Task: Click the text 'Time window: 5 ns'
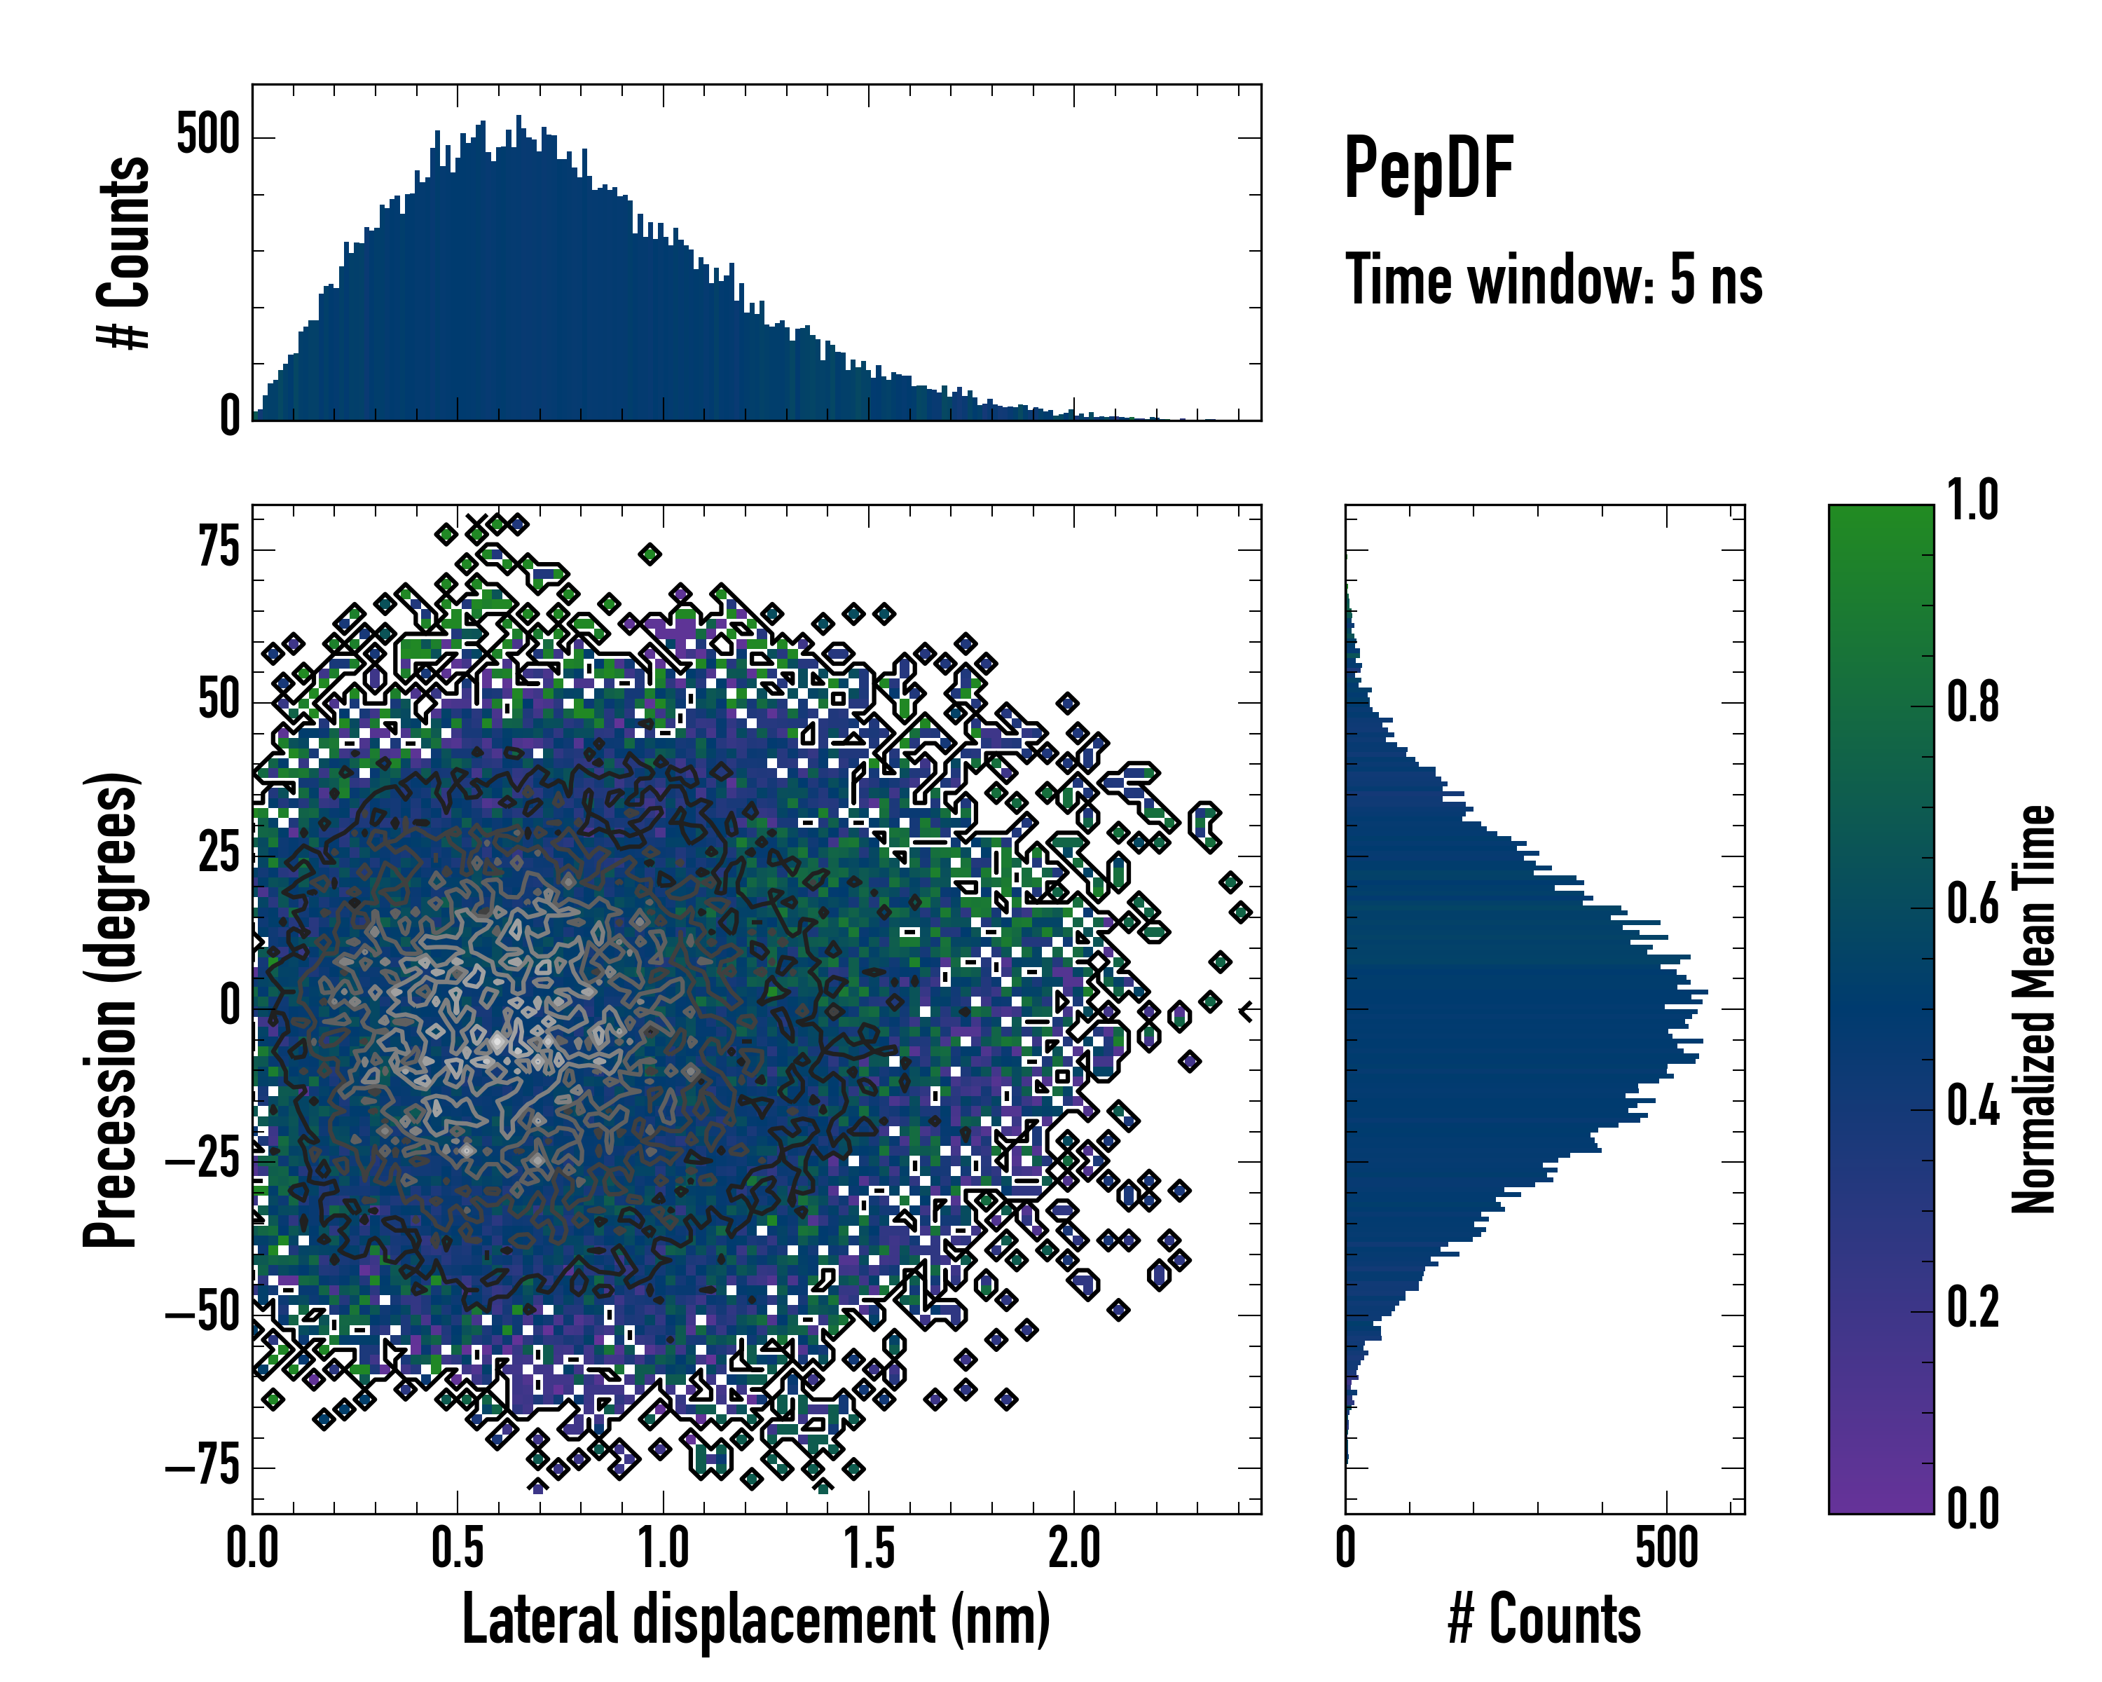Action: click(1553, 280)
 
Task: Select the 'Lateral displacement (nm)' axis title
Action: click(755, 1619)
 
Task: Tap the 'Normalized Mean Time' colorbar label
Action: click(2034, 1009)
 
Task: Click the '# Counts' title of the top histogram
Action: click(124, 252)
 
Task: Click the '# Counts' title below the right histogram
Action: click(1544, 1619)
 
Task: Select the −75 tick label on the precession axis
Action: click(202, 1467)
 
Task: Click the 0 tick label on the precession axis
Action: click(230, 1006)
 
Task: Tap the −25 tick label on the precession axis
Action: click(202, 1161)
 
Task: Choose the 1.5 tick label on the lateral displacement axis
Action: click(869, 1548)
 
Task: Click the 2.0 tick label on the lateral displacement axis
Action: click(1074, 1548)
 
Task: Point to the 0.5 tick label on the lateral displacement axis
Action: click(458, 1548)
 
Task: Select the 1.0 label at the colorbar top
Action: click(1972, 500)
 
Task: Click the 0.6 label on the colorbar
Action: click(1972, 904)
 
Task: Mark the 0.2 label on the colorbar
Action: click(1972, 1308)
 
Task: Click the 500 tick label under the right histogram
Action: click(1667, 1548)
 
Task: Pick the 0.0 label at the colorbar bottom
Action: click(1972, 1508)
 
